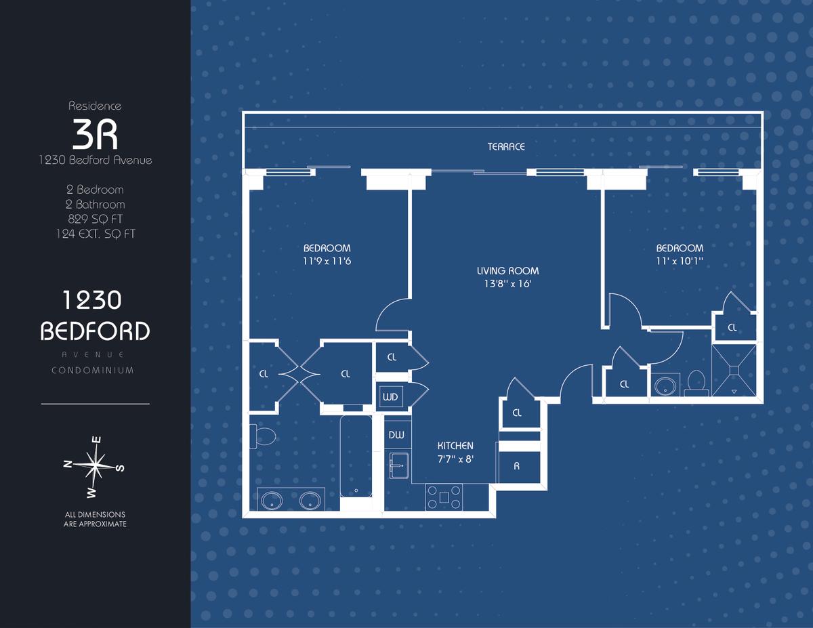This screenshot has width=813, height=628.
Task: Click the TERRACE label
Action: click(x=506, y=146)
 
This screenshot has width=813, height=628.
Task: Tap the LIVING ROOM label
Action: click(x=507, y=271)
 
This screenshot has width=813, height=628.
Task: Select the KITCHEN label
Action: click(x=455, y=446)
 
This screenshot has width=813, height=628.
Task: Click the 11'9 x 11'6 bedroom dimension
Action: click(x=327, y=261)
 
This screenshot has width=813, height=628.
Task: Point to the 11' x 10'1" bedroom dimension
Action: click(x=680, y=261)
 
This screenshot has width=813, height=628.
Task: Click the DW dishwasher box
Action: click(x=397, y=435)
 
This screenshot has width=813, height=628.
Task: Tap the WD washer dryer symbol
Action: click(x=390, y=397)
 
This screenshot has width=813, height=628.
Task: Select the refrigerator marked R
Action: click(x=519, y=467)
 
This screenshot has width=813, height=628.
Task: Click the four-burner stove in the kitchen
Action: click(x=444, y=497)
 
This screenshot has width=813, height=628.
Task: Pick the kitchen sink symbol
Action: click(x=399, y=465)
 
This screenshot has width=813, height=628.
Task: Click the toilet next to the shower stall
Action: click(x=696, y=383)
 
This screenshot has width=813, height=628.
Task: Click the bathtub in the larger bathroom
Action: click(x=356, y=457)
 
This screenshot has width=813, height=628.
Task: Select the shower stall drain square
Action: click(x=734, y=370)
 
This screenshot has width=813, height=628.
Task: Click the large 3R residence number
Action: click(x=95, y=134)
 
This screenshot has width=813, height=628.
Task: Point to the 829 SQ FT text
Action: click(x=95, y=219)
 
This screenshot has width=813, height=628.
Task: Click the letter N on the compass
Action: click(x=68, y=464)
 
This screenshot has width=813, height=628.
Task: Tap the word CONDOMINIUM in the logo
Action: click(x=93, y=371)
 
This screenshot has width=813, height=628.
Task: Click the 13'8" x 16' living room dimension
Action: click(x=507, y=284)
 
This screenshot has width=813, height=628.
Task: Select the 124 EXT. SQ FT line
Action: click(x=96, y=234)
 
